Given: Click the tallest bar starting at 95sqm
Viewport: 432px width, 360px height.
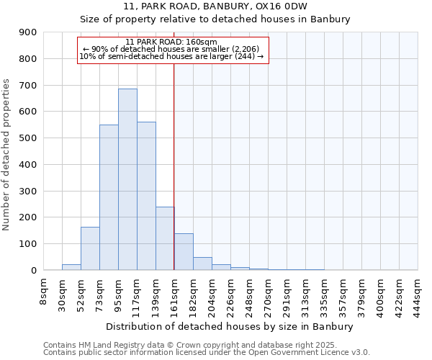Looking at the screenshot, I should coord(127,179).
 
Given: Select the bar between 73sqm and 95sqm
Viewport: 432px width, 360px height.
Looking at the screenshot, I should coord(109,197).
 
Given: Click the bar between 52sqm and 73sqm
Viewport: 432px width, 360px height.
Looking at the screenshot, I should coord(90,248).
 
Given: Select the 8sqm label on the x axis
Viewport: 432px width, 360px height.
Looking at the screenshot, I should coord(44,291).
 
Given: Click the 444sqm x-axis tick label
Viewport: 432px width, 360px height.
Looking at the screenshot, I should coord(418,294).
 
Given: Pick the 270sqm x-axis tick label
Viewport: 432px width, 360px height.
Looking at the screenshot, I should coord(268,294).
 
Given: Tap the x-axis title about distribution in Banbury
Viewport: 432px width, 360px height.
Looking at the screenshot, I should coord(230,326).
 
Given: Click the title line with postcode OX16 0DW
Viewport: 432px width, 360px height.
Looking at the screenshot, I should coord(215,6).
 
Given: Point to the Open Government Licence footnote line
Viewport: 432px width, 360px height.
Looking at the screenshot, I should coord(207,352).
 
